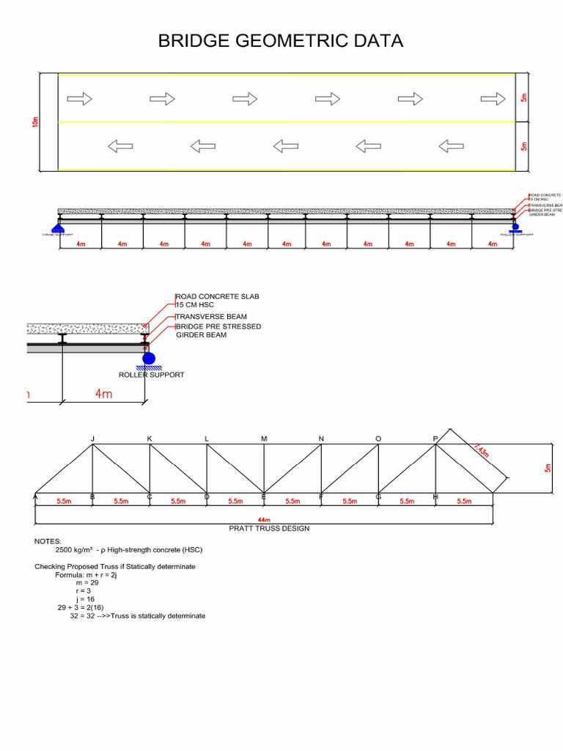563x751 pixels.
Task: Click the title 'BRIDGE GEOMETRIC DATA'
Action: (x=281, y=41)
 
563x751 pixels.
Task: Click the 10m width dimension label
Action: (x=35, y=122)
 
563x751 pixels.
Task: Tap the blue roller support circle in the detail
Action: (x=148, y=359)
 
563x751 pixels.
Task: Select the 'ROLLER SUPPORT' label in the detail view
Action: (x=151, y=375)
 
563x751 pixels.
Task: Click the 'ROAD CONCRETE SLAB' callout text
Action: (x=218, y=296)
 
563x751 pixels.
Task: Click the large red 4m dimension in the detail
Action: (x=103, y=395)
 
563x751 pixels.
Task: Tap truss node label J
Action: (x=92, y=439)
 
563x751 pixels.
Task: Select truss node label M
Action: (x=264, y=439)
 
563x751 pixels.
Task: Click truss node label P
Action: (x=435, y=439)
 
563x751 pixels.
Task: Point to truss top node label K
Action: (x=150, y=439)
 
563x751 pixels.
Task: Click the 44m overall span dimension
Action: (x=265, y=519)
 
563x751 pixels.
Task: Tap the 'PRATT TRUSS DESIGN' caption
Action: (x=269, y=528)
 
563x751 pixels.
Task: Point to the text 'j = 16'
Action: (x=85, y=599)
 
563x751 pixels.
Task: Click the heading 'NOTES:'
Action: (x=48, y=541)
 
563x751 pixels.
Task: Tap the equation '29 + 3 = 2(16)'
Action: (x=86, y=608)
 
